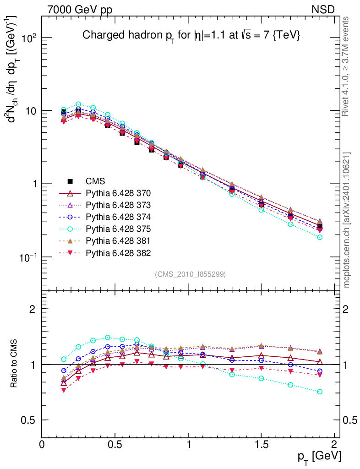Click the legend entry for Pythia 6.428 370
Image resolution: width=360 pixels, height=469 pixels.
(118, 193)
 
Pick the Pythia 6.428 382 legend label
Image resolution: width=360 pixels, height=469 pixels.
(118, 253)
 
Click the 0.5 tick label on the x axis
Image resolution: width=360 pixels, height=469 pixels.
(115, 445)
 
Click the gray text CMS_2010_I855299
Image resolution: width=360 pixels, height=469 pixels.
(190, 274)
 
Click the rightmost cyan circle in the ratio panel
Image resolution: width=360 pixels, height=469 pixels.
(320, 392)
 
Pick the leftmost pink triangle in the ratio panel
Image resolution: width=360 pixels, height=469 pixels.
(64, 390)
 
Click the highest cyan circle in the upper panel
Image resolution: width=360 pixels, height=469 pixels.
(78, 104)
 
